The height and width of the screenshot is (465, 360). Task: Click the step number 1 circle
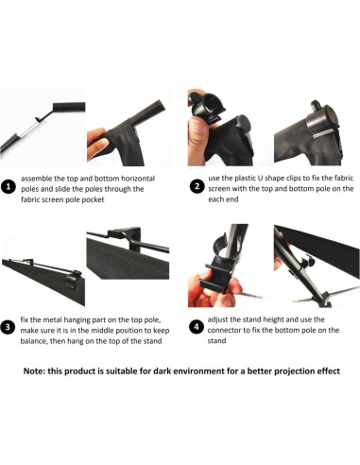click(9, 186)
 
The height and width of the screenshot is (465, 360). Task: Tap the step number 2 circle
click(197, 186)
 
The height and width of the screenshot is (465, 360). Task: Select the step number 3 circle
click(9, 327)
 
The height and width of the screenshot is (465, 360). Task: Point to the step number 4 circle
click(197, 327)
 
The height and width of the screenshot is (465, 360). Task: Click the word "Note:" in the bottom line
click(34, 371)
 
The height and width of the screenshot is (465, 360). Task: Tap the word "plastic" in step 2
click(245, 178)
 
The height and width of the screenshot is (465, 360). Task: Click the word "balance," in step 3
click(33, 341)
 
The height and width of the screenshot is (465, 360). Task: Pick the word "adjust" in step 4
click(217, 319)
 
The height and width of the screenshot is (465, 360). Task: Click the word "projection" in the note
click(293, 371)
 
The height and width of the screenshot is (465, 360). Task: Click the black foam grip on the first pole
click(69, 107)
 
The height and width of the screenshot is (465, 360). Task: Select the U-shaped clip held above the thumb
click(207, 107)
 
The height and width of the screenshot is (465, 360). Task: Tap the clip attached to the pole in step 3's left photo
click(73, 279)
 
